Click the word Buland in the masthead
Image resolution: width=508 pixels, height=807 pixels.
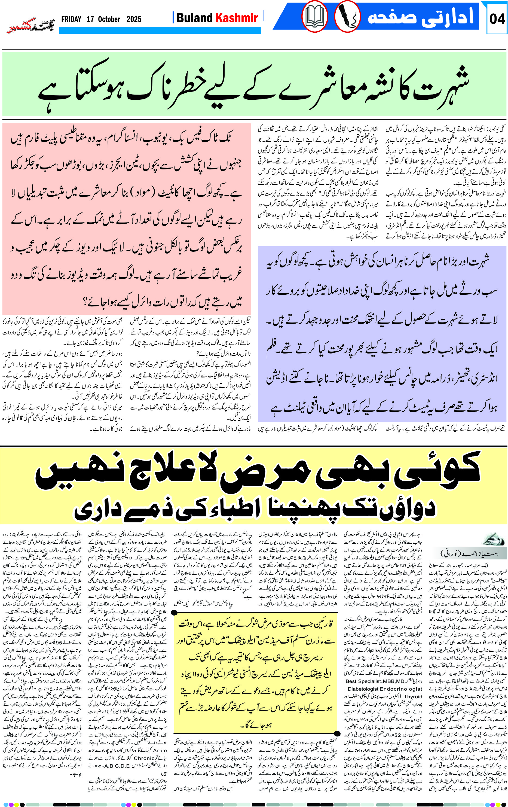[x=195, y=18]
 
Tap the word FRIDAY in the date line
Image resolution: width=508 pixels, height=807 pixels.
[x=71, y=19]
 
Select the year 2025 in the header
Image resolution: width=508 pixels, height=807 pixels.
[x=134, y=19]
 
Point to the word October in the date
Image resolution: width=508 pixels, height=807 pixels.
[x=109, y=19]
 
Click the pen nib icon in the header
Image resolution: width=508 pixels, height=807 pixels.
[x=347, y=17]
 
